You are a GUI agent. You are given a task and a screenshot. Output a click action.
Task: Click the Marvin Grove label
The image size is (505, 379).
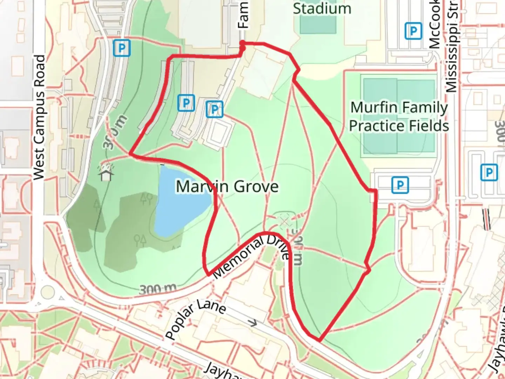point(227,186)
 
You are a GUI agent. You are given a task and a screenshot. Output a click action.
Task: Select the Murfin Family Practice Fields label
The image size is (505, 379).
point(399,117)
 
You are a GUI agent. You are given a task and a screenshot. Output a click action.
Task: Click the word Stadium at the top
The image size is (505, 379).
point(322,8)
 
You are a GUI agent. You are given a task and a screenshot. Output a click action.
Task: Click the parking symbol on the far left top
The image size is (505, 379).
point(122,47)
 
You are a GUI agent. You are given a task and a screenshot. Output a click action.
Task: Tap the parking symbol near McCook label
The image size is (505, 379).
point(413,31)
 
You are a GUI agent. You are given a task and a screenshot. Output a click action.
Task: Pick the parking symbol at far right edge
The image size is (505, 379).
point(489,172)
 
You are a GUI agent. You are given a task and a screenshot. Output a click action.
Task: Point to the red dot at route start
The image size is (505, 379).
point(242,43)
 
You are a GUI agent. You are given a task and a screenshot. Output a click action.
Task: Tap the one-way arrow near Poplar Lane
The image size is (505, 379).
point(252,322)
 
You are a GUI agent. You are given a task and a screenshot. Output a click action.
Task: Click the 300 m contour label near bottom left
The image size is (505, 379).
point(157,290)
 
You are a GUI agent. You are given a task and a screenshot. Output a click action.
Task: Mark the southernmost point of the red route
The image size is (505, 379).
point(319,339)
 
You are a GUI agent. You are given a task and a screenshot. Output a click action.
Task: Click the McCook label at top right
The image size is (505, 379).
point(435,25)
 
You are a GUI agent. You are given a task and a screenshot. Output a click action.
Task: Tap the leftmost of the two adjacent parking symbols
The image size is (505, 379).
point(186,103)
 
